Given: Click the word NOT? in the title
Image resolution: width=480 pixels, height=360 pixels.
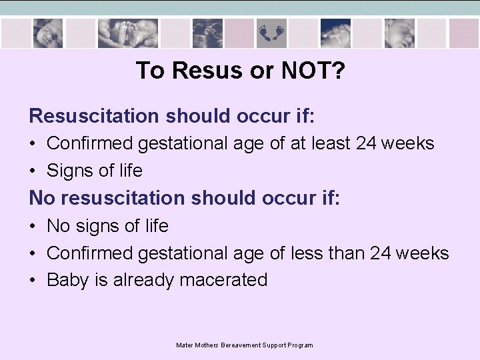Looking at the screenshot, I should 313,70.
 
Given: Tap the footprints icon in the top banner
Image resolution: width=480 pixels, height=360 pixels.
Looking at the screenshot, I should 271,32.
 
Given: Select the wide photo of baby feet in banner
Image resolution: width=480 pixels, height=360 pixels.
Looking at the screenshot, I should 127,32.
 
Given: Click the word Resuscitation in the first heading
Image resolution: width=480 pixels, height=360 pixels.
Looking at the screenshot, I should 95,116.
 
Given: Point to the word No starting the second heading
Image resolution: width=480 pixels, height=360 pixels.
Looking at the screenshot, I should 40,198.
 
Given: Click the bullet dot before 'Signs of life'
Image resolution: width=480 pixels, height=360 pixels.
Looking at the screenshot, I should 33,171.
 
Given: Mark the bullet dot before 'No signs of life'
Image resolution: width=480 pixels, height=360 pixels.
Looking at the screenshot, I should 33,227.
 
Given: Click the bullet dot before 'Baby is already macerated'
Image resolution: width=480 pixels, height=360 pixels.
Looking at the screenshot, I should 33,281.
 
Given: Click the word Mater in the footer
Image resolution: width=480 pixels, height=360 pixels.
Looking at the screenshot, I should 184,345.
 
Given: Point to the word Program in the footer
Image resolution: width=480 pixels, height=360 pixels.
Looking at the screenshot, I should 300,345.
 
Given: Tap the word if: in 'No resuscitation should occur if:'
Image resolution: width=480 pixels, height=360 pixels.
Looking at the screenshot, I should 327,198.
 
